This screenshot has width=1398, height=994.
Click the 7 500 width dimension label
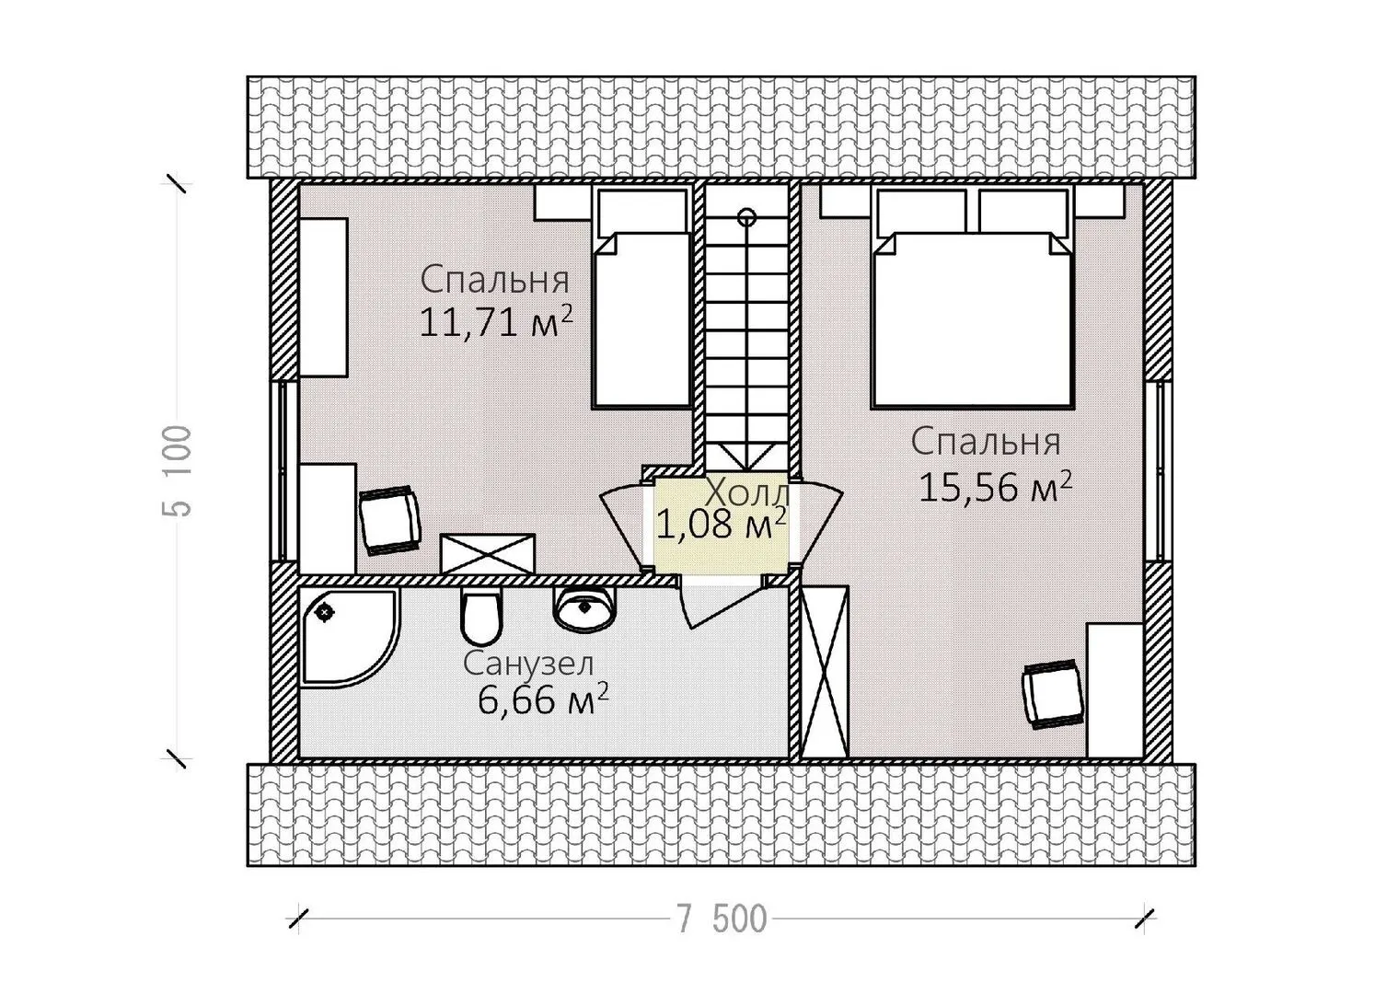722,919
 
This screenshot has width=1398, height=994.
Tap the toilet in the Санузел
480,617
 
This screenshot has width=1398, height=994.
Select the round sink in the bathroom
584,607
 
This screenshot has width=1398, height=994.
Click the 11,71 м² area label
495,322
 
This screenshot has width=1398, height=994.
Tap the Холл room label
747,494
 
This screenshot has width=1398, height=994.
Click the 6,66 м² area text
543,700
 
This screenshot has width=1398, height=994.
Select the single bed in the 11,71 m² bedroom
641,297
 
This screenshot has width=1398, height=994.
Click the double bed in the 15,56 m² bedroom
973,297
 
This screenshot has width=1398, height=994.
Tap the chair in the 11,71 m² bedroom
389,520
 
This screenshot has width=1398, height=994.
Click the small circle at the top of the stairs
746,217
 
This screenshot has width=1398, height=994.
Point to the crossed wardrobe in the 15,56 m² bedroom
825,671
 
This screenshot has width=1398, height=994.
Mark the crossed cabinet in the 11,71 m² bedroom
488,554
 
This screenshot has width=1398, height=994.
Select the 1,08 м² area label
721,524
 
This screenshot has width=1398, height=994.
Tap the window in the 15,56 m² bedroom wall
1159,471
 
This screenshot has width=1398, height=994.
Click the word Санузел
528,664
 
